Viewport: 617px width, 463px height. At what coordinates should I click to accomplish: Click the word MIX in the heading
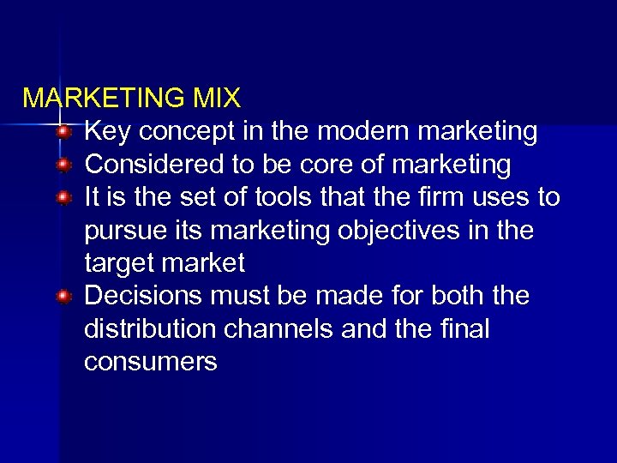[217, 99]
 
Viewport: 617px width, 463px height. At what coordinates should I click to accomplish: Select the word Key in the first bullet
[107, 132]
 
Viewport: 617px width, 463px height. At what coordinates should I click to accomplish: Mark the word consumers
[151, 362]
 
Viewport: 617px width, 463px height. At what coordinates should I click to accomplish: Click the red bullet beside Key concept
[63, 133]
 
